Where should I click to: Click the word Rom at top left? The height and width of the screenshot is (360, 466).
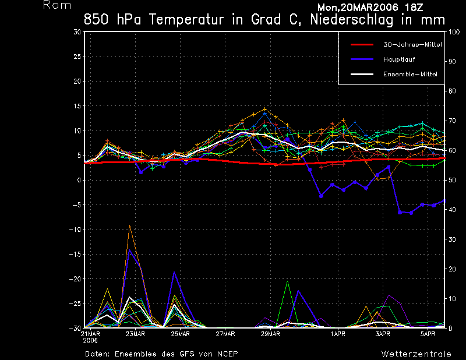tap(57, 5)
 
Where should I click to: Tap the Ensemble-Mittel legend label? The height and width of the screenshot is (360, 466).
tap(409, 75)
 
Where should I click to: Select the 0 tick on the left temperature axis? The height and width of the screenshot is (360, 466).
tap(79, 181)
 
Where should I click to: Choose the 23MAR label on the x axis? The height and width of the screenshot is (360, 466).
tap(135, 334)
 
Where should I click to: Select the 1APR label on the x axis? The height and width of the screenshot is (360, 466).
tap(338, 334)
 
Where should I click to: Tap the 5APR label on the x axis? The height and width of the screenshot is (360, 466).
tap(428, 334)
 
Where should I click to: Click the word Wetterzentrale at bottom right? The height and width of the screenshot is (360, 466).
tap(416, 354)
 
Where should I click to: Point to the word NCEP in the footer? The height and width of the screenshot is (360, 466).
tap(227, 354)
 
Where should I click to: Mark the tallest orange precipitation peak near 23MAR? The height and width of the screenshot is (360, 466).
tap(130, 225)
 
